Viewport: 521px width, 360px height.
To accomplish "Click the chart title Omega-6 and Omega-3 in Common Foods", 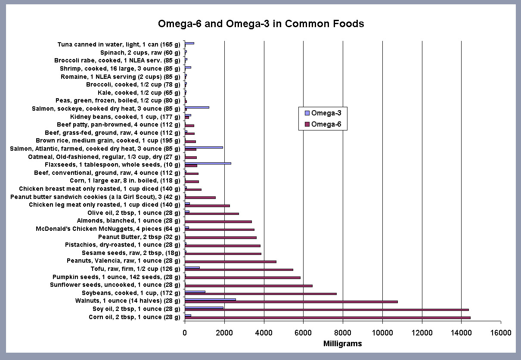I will click(x=260, y=24).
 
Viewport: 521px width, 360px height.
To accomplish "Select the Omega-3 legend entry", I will click(x=323, y=113).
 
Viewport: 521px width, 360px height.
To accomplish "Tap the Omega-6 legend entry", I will click(x=323, y=125).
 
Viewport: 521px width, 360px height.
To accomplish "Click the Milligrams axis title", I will click(x=342, y=344).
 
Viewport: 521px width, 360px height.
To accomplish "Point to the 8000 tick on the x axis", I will click(x=343, y=333).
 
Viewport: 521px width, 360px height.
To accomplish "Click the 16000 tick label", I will click(x=501, y=333).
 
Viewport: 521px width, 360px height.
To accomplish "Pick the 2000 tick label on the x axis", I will click(x=224, y=333).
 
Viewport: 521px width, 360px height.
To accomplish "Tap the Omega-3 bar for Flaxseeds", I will click(x=208, y=163).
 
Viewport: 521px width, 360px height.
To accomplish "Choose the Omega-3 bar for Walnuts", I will click(x=210, y=299).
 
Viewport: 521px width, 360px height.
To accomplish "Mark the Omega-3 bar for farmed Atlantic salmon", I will click(x=204, y=147).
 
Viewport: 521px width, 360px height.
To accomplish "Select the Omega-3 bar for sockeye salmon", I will click(x=197, y=107).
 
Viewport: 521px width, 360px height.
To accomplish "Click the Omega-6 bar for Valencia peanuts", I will click(x=230, y=261).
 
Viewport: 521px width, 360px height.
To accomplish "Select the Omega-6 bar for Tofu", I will click(x=239, y=270).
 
